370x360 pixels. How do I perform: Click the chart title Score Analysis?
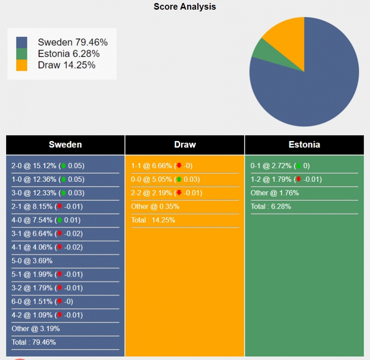coord(185,7)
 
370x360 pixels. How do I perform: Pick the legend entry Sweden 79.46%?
coord(73,42)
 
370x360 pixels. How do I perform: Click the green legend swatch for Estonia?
coord(22,54)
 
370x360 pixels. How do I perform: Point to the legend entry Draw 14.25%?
coord(66,65)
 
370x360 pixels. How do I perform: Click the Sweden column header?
coord(65,144)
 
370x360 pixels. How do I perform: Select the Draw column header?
coord(185,144)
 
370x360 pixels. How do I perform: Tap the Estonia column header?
coord(304,144)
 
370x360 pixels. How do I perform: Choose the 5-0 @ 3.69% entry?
coord(32,261)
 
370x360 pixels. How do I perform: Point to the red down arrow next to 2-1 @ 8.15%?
coord(60,206)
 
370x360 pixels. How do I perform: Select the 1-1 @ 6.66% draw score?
coord(152,166)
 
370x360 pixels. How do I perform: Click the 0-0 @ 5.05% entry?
coord(152,179)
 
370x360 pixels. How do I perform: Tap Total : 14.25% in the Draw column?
coord(153,220)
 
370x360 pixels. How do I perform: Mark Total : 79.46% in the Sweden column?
coord(34,342)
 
